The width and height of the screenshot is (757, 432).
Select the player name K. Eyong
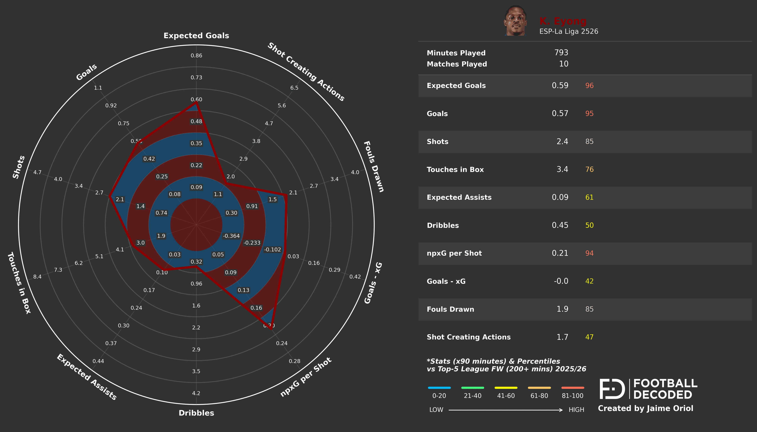tap(563, 21)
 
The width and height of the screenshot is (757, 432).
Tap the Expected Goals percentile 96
tap(589, 86)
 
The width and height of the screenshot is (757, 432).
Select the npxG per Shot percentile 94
tap(589, 253)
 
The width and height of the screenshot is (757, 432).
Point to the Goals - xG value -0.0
tap(561, 281)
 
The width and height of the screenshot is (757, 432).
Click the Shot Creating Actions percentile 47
tap(589, 337)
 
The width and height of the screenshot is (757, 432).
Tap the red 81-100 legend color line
tap(572, 388)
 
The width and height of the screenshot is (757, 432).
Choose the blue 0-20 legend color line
tap(439, 388)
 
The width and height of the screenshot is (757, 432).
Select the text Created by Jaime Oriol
tap(645, 409)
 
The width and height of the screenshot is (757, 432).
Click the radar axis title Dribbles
tap(196, 413)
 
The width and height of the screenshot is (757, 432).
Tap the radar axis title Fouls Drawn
tap(374, 167)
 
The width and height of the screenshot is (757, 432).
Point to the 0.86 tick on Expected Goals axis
tap(196, 56)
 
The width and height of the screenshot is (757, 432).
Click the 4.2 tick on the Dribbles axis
tap(196, 393)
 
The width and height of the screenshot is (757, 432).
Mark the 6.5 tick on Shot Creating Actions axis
tap(294, 88)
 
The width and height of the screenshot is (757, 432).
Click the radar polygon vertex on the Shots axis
tap(110, 196)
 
